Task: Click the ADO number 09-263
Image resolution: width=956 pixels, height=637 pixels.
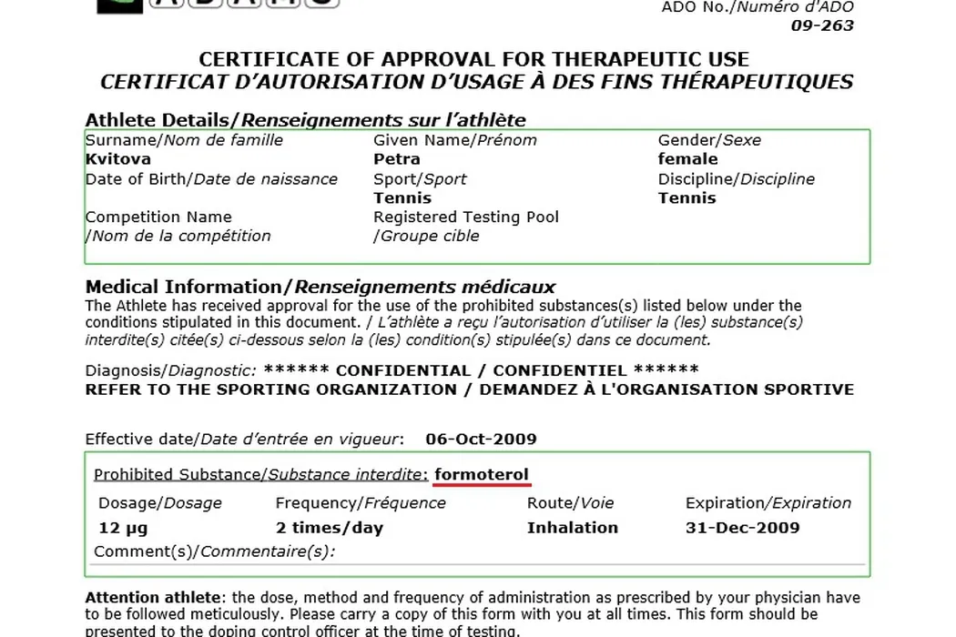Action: click(x=822, y=25)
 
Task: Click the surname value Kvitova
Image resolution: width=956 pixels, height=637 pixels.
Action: click(x=118, y=159)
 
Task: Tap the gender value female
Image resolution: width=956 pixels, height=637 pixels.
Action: click(x=687, y=159)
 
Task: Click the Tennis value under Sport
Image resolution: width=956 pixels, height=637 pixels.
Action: click(x=402, y=198)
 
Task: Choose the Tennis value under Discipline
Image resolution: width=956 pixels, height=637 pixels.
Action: click(x=687, y=198)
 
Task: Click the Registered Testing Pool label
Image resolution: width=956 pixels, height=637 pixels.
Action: click(x=466, y=217)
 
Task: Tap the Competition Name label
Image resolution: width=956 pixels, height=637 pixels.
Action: click(x=158, y=217)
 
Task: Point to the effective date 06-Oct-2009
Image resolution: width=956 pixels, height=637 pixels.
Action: click(x=481, y=440)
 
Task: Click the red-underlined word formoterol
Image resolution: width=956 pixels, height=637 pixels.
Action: click(x=482, y=475)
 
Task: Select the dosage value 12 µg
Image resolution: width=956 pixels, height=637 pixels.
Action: click(x=122, y=528)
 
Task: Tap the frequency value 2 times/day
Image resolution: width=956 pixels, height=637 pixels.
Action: click(x=330, y=528)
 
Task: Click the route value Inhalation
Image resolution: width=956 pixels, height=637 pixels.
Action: click(x=572, y=528)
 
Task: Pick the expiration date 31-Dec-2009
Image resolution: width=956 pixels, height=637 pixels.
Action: click(x=742, y=528)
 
